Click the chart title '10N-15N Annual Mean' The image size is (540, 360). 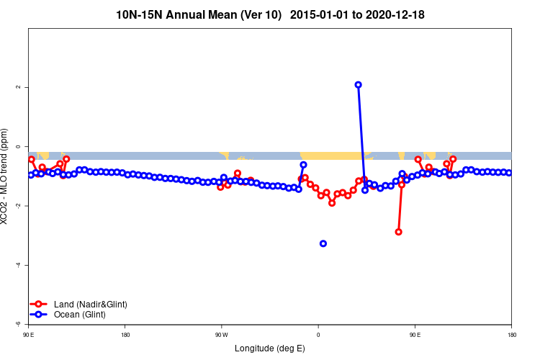[x=198, y=14]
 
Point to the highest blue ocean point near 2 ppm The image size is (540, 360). [x=358, y=85]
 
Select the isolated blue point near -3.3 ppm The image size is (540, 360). [x=323, y=243]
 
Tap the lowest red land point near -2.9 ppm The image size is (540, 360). [x=398, y=232]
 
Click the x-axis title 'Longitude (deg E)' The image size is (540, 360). [x=270, y=348]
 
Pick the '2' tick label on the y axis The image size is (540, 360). [x=18, y=87]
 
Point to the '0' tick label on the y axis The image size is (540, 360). [x=18, y=147]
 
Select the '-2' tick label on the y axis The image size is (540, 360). [x=18, y=206]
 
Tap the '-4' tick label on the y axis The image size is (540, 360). [x=18, y=265]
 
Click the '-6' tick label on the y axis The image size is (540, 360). [x=18, y=324]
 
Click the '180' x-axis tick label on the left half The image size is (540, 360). [x=125, y=334]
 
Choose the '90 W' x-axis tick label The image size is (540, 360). [x=221, y=334]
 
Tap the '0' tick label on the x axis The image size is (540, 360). [x=318, y=334]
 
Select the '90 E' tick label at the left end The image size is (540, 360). [x=29, y=334]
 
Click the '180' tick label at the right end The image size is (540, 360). [x=511, y=334]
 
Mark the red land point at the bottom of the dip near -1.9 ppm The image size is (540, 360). [x=332, y=203]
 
